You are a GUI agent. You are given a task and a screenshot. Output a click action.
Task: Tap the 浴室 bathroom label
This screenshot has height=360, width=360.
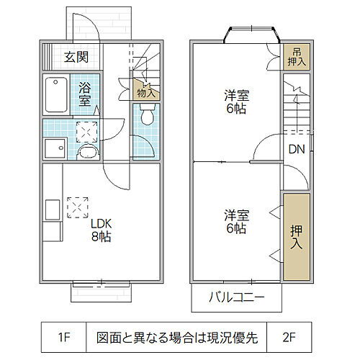pos(85,94)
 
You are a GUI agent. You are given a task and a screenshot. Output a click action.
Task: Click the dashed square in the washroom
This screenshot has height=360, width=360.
pos(86,130)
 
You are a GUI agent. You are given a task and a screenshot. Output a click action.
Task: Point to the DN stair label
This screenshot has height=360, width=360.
pos(297,150)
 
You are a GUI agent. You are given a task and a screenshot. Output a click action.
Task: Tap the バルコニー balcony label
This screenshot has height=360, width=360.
pos(236,297)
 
